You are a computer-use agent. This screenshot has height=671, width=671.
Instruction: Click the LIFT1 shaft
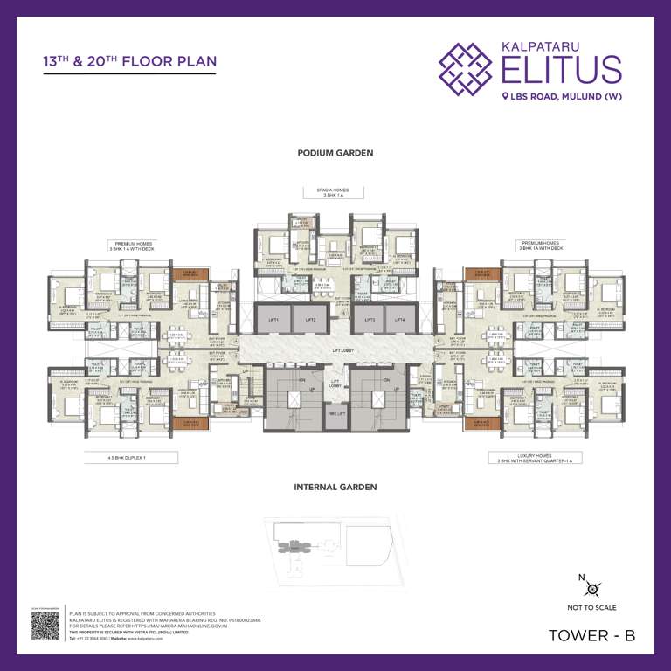(x=273, y=321)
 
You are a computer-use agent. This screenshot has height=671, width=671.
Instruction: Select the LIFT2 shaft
(x=310, y=321)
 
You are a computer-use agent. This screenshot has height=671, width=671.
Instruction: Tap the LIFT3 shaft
(x=368, y=321)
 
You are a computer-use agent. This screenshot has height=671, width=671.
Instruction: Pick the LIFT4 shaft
(x=399, y=321)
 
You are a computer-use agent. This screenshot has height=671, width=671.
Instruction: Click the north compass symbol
(x=591, y=587)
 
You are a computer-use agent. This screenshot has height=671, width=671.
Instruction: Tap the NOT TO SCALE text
(x=591, y=607)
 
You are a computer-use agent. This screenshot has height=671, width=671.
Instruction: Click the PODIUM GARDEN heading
(x=335, y=153)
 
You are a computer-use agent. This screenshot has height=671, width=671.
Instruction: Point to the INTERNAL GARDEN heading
(x=335, y=487)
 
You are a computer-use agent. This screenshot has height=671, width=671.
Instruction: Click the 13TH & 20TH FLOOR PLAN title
(x=129, y=62)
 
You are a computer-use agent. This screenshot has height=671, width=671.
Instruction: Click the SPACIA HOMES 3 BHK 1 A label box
(x=335, y=192)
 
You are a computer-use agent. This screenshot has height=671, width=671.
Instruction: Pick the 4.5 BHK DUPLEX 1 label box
(x=131, y=457)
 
